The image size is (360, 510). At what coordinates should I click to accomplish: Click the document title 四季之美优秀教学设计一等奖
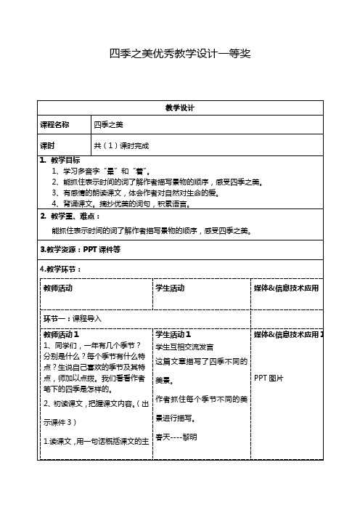coord(179,54)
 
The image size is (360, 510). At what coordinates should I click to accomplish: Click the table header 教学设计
coord(180,108)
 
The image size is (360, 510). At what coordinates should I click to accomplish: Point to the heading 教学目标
coord(65,160)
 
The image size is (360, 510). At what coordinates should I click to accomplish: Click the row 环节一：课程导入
coord(73,318)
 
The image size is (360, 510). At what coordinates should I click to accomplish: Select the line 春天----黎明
coord(176,437)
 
